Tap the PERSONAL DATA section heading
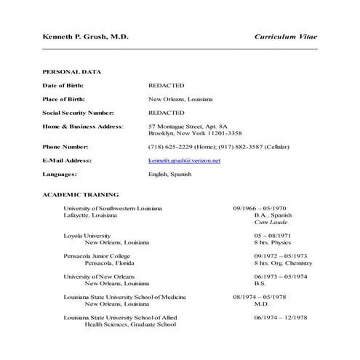pos(72,72)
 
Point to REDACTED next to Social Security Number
pos(167,113)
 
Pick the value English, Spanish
pos(171,175)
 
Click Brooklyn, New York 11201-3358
pos(196,134)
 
